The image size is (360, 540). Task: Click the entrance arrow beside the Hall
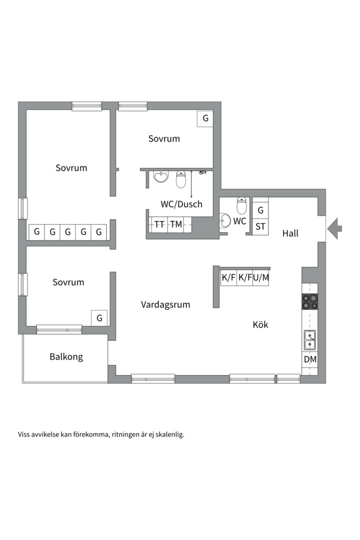point(334,227)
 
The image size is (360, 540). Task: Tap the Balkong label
point(66,356)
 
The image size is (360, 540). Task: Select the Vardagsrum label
point(165,304)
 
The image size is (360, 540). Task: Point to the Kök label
point(260,324)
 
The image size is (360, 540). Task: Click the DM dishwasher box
point(310,359)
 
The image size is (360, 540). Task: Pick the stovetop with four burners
point(309,301)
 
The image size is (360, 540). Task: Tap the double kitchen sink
point(309,339)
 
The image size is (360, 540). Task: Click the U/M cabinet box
point(261,277)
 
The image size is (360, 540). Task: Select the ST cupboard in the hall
point(260,226)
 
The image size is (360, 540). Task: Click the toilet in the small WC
point(241,205)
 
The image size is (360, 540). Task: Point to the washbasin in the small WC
point(225,221)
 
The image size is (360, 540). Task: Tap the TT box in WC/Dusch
point(159,224)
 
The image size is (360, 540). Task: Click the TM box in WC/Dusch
point(176,224)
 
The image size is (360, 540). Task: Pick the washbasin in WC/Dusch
point(161,176)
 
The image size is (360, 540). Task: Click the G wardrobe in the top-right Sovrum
point(205,118)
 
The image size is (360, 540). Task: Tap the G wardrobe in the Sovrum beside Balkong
point(99,318)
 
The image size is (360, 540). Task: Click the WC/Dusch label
point(181,204)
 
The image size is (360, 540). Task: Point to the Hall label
point(290,233)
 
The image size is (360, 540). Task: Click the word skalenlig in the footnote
point(170,434)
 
